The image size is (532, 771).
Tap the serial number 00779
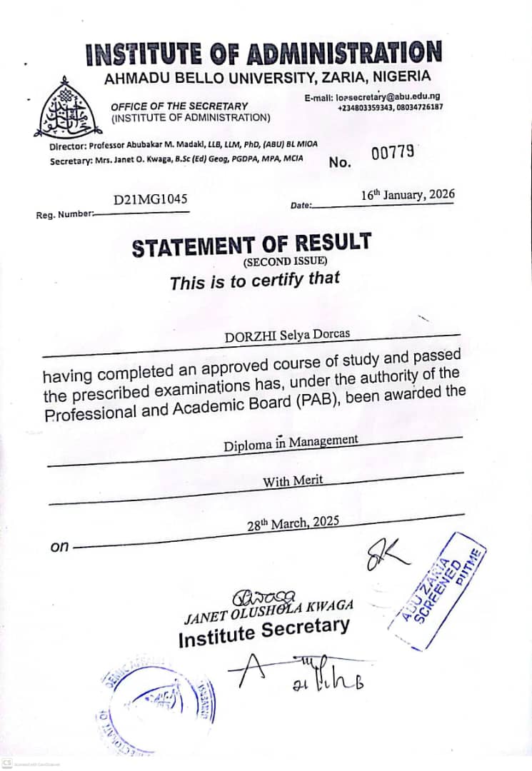point(393,152)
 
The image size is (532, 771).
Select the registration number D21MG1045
point(151,201)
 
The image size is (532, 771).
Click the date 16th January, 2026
point(407,195)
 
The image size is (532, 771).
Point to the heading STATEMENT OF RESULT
point(251,244)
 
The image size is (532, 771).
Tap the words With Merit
point(293,480)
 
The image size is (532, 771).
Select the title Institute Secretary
point(264,633)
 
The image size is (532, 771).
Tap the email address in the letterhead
point(382,96)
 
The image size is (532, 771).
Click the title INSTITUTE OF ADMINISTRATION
point(263,54)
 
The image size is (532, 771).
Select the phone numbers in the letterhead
point(390,107)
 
